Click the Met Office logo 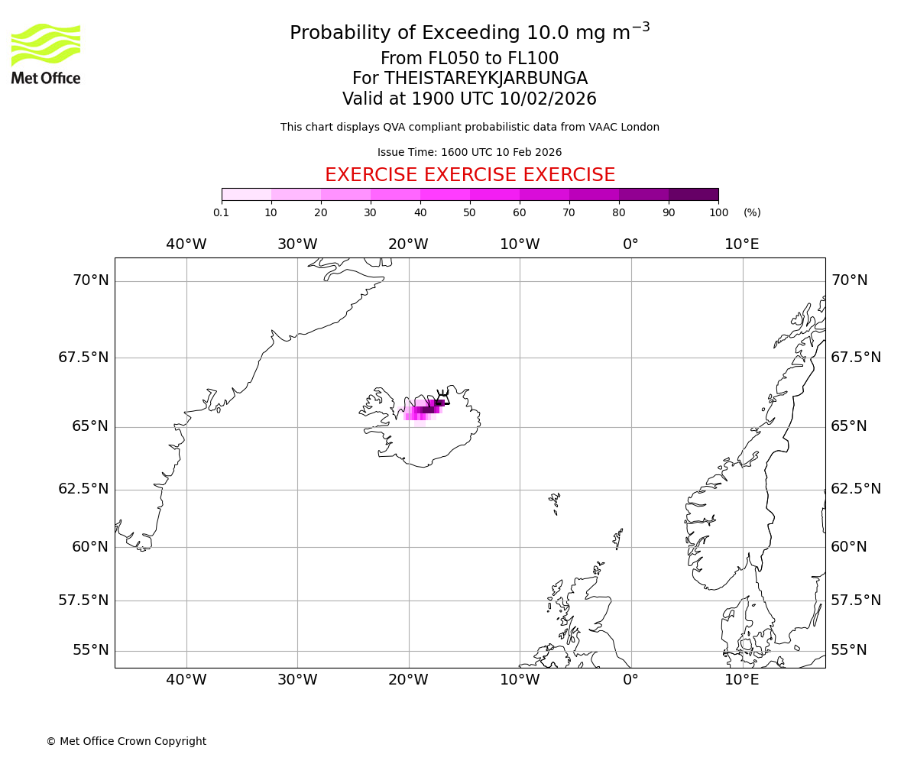point(46,53)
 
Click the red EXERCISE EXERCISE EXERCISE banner point(470,175)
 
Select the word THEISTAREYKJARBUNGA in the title point(486,79)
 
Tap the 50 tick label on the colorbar point(470,212)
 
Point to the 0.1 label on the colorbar point(221,212)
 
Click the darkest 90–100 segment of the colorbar point(693,194)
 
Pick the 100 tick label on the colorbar point(718,212)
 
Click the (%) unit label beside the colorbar point(752,212)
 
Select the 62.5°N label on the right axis point(856,489)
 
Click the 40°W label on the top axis point(186,244)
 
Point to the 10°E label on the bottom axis point(742,680)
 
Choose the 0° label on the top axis point(630,244)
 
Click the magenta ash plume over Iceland point(424,410)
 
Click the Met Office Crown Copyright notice point(126,741)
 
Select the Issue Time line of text point(470,152)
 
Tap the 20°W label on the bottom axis point(408,680)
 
